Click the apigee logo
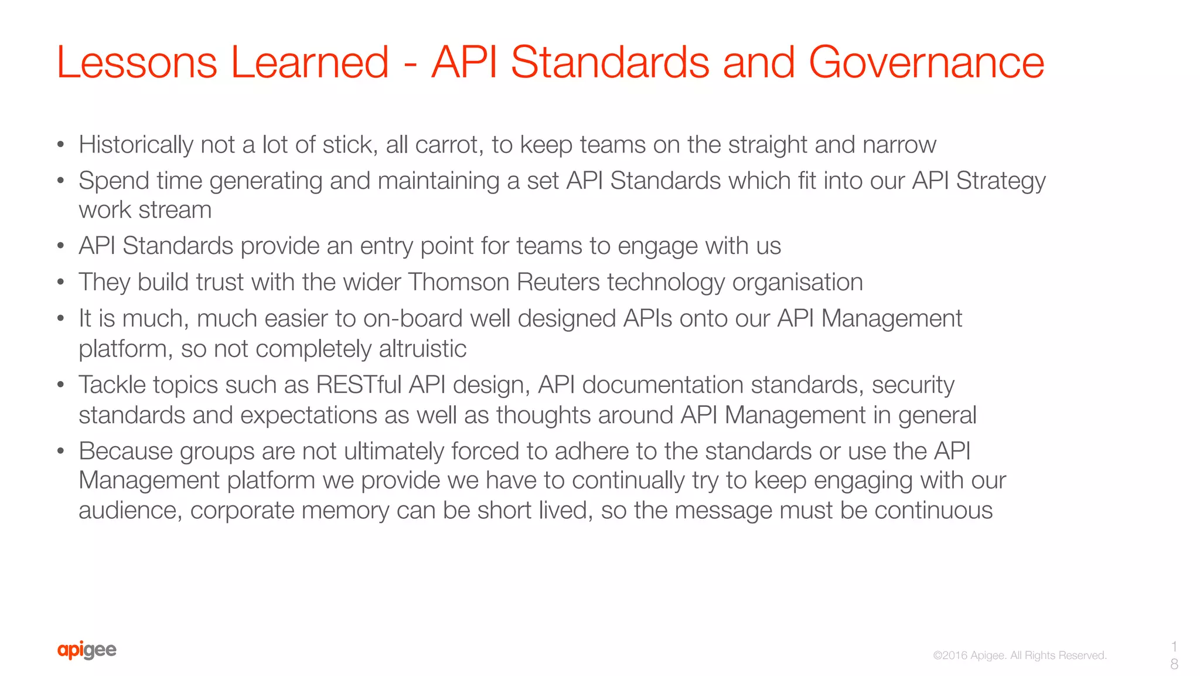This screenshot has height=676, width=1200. [87, 650]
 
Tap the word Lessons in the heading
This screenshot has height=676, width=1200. [137, 62]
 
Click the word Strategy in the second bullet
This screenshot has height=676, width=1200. [1000, 181]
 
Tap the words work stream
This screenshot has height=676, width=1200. [145, 210]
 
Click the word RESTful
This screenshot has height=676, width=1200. [358, 385]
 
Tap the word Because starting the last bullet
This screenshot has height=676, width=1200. [125, 451]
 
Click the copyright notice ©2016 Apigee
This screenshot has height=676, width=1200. [1019, 655]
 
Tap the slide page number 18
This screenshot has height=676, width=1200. [1174, 655]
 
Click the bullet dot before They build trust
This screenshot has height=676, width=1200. [60, 283]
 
